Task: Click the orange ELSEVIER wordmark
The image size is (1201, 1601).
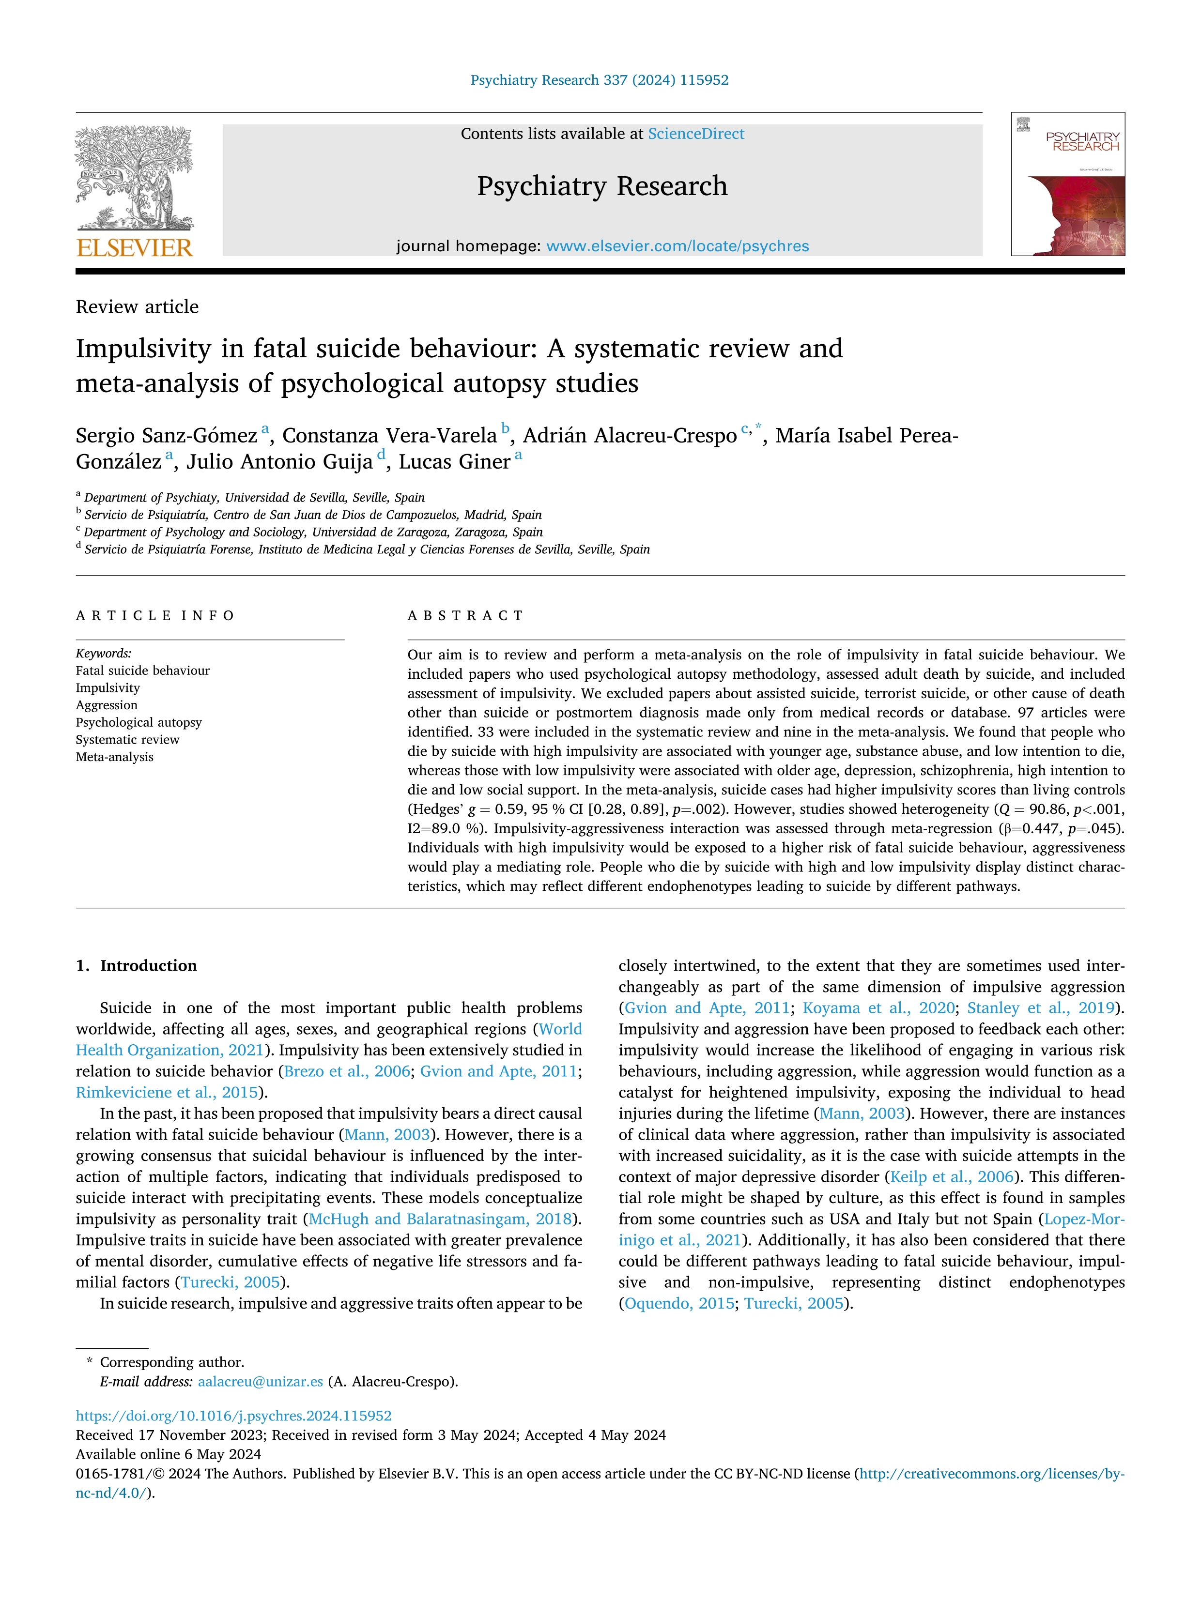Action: click(x=135, y=248)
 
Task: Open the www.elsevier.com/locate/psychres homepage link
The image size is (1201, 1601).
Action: click(x=677, y=246)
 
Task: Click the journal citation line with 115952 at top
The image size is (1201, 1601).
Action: click(x=600, y=80)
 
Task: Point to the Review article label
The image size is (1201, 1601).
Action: click(x=137, y=307)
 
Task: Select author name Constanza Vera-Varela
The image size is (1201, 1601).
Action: click(x=389, y=436)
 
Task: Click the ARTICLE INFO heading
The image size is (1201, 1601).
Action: click(x=155, y=616)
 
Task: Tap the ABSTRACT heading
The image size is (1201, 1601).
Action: click(x=465, y=616)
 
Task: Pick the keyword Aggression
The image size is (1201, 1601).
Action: click(x=107, y=705)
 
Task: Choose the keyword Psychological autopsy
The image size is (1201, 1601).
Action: click(x=139, y=722)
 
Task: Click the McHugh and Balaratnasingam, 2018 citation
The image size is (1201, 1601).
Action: click(x=439, y=1219)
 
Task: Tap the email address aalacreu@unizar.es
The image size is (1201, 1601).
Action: click(x=260, y=1382)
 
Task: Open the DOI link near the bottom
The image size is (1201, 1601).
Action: click(x=234, y=1416)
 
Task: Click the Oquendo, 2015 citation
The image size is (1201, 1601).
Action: click(x=678, y=1304)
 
